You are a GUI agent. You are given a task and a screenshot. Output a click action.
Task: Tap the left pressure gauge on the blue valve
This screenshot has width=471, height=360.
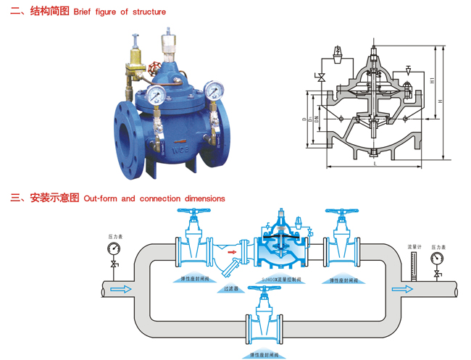[156, 94]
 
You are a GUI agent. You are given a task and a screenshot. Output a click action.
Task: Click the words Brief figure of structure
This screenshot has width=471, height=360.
[120, 12]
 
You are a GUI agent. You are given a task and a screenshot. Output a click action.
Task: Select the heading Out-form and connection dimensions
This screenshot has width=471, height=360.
[154, 198]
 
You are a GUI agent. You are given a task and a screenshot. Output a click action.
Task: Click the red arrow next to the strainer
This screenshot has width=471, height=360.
[233, 254]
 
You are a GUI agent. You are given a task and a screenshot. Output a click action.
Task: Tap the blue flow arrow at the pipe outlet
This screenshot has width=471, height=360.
[402, 290]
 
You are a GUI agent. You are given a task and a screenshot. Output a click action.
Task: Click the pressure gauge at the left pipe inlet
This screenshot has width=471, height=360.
[114, 248]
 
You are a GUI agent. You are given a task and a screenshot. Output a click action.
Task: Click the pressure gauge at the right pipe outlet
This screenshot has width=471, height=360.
[437, 258]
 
